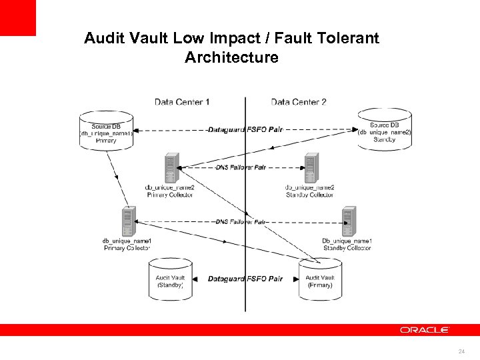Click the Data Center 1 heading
[182, 102]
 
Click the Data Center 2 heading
[299, 102]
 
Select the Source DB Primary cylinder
[106, 130]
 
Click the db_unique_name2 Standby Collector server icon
[311, 167]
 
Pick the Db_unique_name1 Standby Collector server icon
[348, 221]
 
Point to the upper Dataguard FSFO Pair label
[245, 129]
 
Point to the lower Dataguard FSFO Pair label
[245, 279]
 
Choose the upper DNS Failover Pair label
[241, 167]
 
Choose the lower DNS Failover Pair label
[241, 221]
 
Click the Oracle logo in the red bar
[425, 330]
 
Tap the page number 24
[461, 351]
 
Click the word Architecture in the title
[231, 57]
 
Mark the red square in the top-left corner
[17, 17]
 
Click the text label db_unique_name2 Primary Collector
[171, 191]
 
